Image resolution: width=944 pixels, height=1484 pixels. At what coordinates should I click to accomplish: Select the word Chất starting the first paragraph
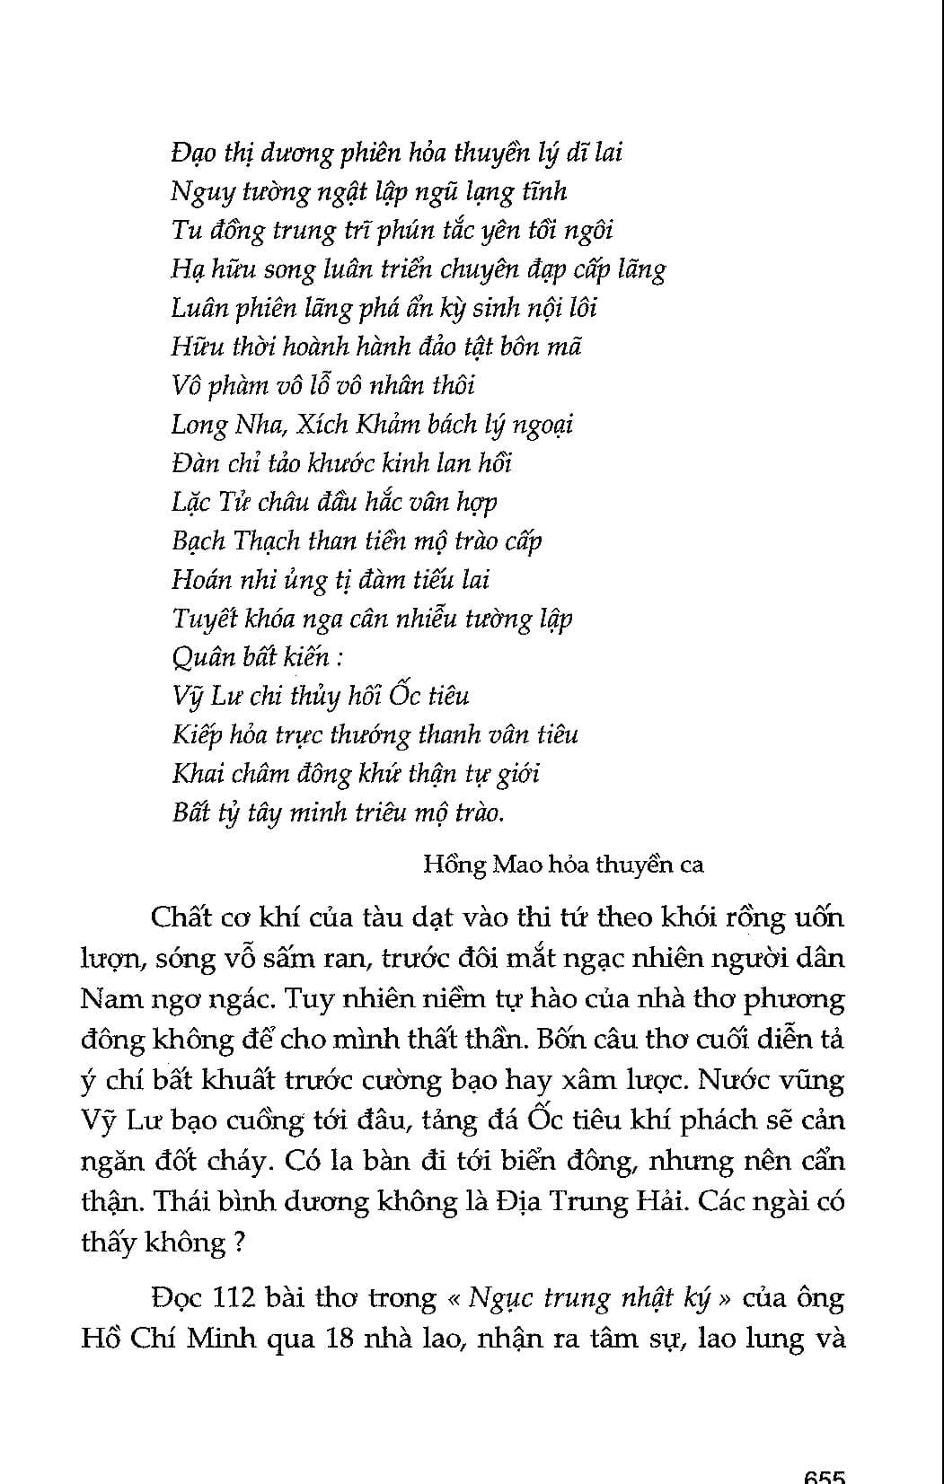click(181, 918)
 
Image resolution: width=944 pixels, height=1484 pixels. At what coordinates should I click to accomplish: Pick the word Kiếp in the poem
click(196, 735)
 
